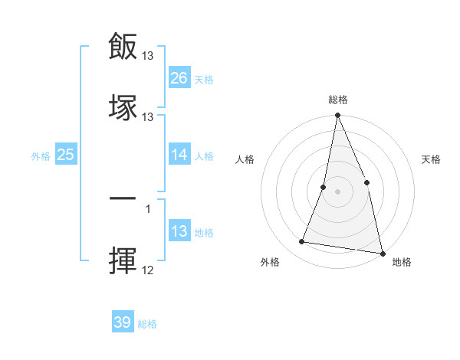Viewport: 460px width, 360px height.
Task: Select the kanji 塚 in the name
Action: tap(123, 106)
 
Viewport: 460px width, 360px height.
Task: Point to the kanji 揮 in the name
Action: tap(123, 260)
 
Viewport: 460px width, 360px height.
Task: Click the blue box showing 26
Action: tap(179, 78)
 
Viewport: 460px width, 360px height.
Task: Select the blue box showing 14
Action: tap(179, 155)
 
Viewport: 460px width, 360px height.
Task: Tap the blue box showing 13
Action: tap(179, 231)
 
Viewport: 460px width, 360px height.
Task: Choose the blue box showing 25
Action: tap(66, 155)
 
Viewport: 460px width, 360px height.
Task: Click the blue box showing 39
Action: tap(123, 322)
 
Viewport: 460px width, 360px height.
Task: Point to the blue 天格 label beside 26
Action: tap(204, 79)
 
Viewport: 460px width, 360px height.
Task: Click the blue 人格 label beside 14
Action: tap(204, 155)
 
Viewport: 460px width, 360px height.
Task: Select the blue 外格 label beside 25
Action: tap(41, 155)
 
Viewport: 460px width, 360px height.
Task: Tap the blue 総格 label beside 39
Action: tap(147, 324)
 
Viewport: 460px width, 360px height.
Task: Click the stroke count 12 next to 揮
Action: tap(148, 270)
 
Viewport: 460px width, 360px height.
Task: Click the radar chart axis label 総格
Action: tap(338, 100)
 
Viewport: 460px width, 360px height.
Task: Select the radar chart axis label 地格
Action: tap(402, 262)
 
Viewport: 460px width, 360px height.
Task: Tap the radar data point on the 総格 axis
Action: tap(338, 116)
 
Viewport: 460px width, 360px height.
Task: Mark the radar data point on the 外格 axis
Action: tap(302, 242)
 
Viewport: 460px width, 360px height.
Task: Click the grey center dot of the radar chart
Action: tap(338, 191)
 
